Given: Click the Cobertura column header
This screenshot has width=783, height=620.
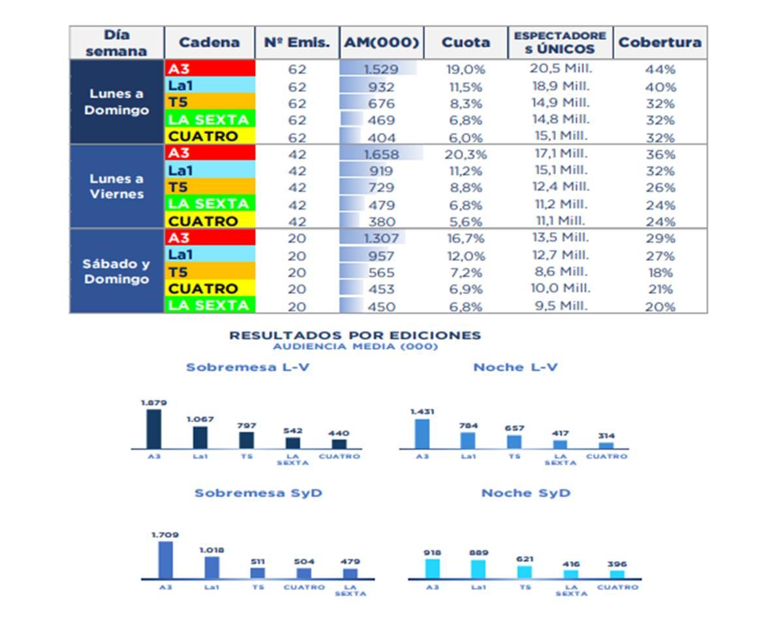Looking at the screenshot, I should point(660,43).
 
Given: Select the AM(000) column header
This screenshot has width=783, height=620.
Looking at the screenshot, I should point(381,43).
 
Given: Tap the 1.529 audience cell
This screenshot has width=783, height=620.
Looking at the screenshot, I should point(380,69).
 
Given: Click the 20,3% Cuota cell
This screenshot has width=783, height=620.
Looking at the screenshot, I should point(466,155).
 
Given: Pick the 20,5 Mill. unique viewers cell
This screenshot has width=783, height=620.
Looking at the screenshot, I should point(560,69).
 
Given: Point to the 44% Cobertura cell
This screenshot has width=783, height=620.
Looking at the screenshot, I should point(660,69).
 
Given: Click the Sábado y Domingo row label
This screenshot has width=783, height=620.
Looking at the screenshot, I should point(116,271).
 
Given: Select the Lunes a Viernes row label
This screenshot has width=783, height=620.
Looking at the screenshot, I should point(116,187).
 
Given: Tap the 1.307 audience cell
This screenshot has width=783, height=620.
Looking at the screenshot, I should point(380,239).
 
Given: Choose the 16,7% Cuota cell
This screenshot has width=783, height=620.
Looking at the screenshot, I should point(466,239).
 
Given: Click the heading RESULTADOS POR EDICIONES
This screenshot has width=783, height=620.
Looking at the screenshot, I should point(355,335).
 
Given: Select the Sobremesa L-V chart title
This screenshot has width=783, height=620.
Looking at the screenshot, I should point(247,367).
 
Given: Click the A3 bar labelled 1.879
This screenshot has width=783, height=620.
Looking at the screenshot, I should point(154,429).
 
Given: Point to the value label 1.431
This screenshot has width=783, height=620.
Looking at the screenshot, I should point(422,412).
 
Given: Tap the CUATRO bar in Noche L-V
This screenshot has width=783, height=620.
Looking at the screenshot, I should point(606,446).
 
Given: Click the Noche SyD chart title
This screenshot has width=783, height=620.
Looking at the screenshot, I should point(525,493).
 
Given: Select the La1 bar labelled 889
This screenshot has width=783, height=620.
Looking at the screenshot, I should point(478,569).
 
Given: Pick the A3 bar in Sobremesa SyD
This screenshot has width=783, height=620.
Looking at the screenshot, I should point(166,560).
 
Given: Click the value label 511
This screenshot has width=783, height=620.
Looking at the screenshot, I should point(258,561).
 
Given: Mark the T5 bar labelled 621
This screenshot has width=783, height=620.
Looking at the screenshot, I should point(525,572).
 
